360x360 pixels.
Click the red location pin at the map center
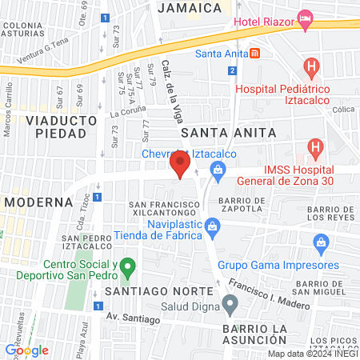click(x=180, y=167)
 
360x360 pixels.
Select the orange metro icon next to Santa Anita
click(x=254, y=54)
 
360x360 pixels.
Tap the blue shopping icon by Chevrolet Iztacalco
click(x=216, y=169)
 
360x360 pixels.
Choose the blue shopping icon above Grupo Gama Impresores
click(x=321, y=242)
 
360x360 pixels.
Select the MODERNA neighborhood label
click(x=33, y=202)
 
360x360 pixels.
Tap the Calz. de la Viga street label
click(x=172, y=93)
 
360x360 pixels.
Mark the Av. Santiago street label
click(x=130, y=316)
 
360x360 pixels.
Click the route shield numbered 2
click(x=232, y=71)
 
